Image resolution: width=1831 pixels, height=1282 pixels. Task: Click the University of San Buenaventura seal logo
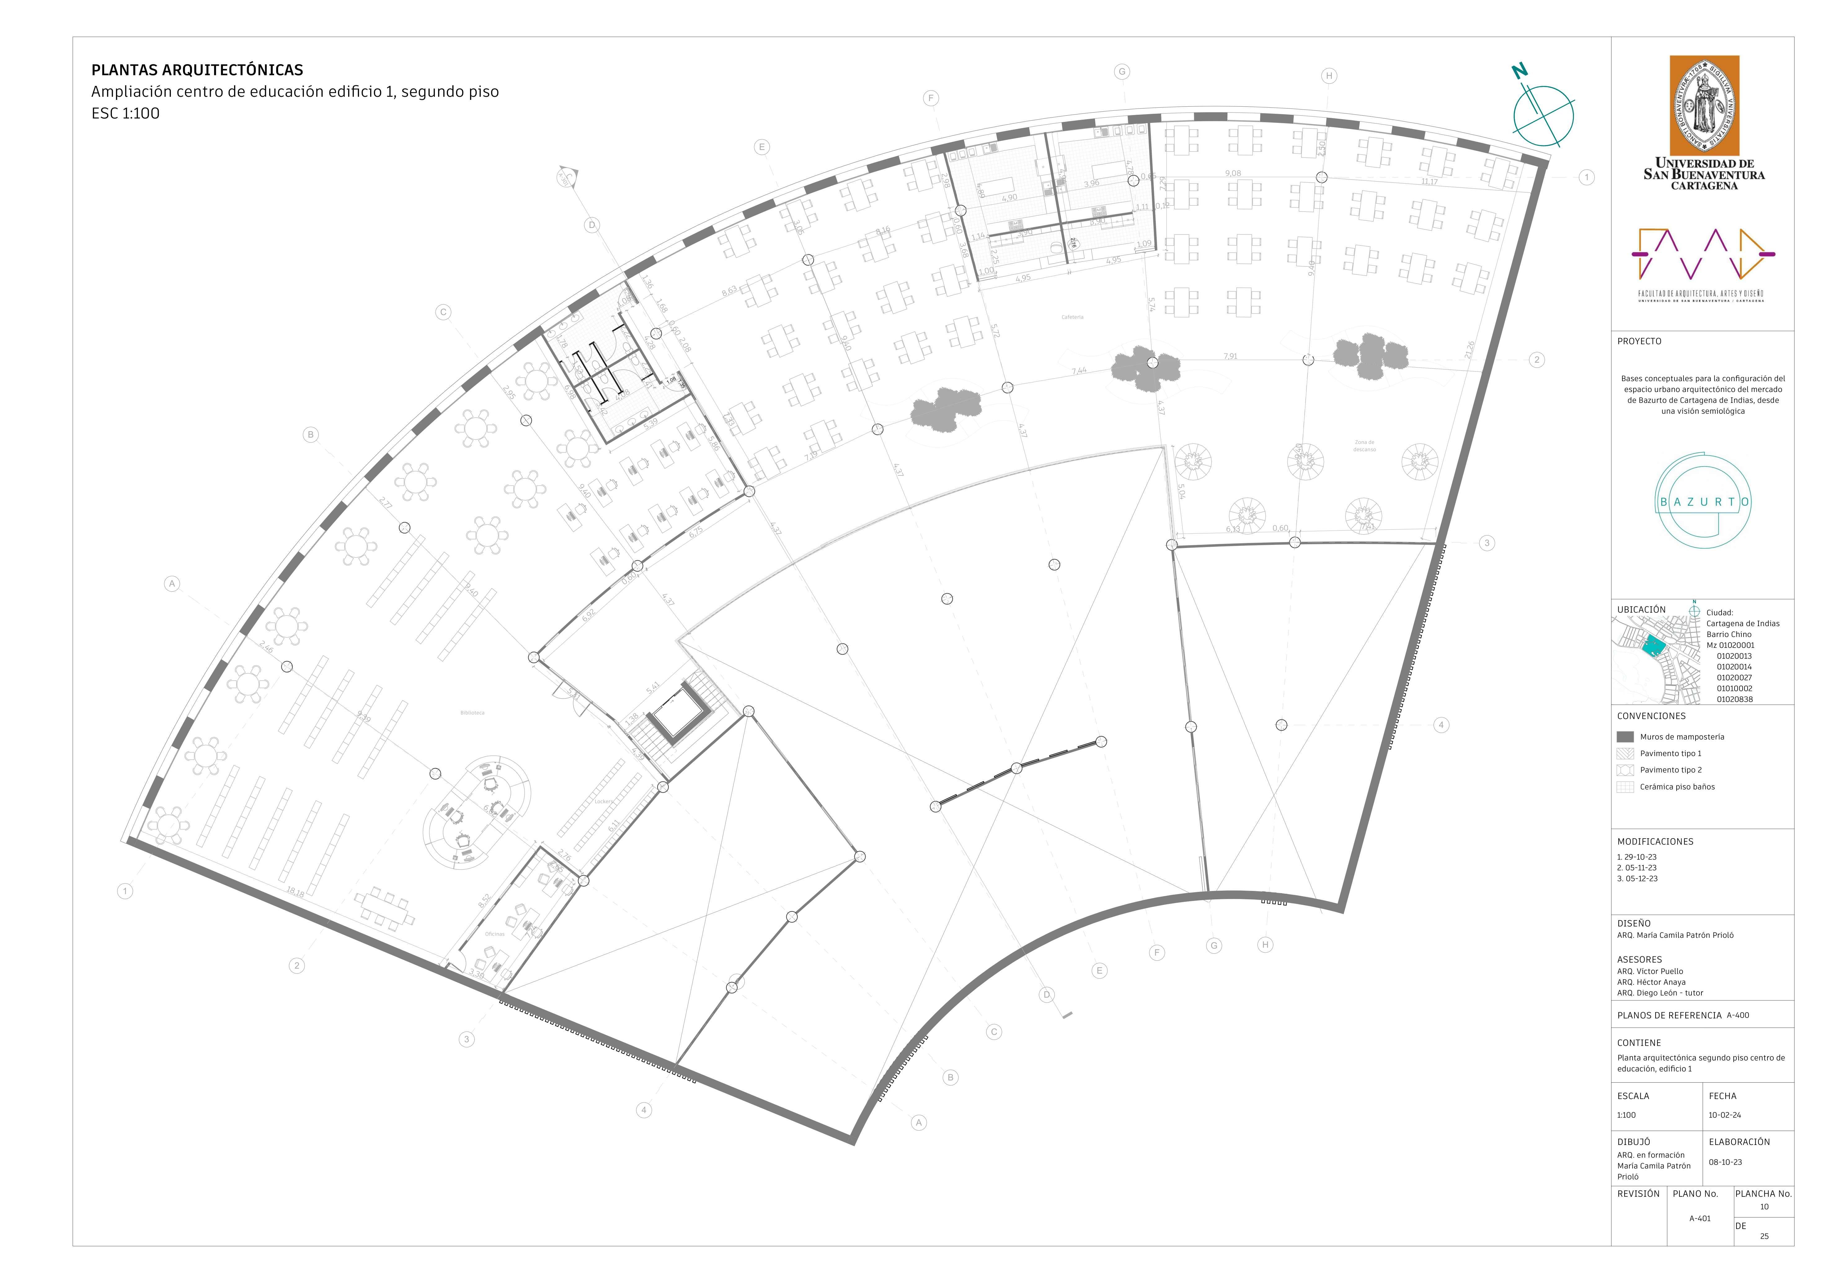tap(1703, 106)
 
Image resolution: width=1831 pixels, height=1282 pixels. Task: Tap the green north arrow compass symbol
tap(1543, 116)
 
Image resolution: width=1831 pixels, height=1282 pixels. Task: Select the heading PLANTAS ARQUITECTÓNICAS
tap(197, 70)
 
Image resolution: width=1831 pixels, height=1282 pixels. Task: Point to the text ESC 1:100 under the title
tap(125, 113)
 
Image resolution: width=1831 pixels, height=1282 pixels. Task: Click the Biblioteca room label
tap(472, 712)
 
